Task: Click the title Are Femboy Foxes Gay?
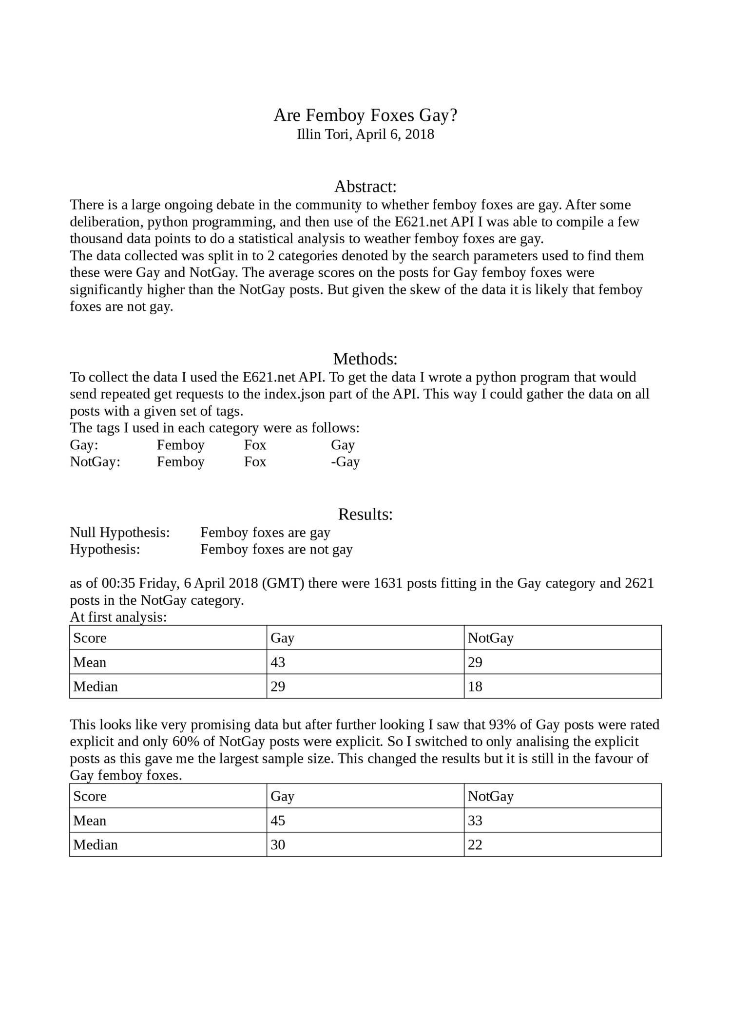point(365,115)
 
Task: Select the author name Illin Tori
point(323,134)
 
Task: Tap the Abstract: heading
point(365,186)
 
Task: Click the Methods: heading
point(365,359)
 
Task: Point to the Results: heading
point(365,514)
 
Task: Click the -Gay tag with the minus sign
point(345,461)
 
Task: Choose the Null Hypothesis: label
point(120,533)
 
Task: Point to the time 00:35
point(118,583)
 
